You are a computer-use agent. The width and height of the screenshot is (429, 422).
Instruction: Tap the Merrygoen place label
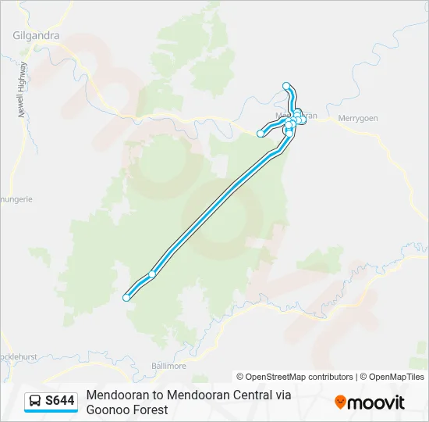pos(357,118)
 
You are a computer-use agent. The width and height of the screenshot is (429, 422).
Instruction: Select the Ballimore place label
pos(168,365)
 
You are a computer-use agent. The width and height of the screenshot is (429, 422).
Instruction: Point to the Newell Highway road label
pos(23,89)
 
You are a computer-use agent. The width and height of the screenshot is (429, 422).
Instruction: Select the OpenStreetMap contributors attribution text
pos(295,377)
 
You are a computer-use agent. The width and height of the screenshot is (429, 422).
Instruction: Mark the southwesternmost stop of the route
pos(126,297)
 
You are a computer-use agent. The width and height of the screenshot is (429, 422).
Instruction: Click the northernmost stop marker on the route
pos(286,85)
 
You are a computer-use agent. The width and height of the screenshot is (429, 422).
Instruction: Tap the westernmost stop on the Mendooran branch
pos(261,134)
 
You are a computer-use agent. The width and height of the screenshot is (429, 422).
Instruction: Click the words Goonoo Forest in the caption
pos(127,409)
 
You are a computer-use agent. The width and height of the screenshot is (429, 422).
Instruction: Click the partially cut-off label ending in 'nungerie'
pos(16,199)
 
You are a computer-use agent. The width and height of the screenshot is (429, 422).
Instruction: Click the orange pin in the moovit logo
pos(340,402)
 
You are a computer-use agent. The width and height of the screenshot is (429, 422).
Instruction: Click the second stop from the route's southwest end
pos(152,274)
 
